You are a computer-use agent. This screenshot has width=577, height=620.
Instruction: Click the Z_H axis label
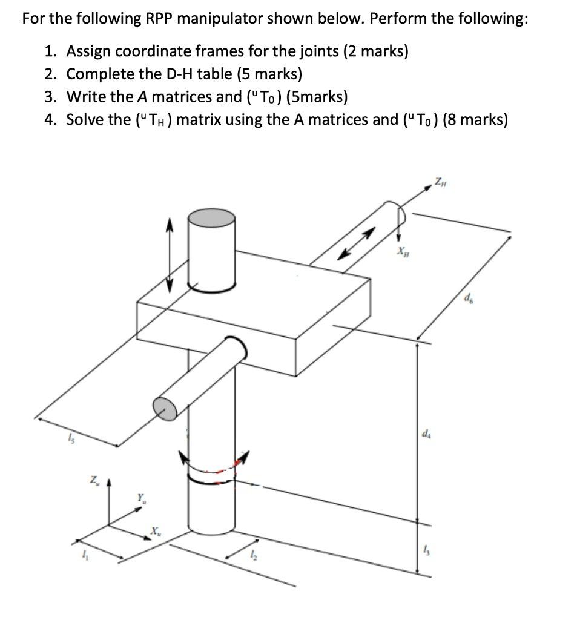pyautogui.click(x=440, y=180)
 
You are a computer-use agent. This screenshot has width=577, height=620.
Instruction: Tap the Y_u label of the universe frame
pyautogui.click(x=140, y=500)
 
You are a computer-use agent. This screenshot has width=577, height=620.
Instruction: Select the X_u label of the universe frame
pyautogui.click(x=157, y=531)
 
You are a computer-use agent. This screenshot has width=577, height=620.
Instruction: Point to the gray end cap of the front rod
pyautogui.click(x=166, y=408)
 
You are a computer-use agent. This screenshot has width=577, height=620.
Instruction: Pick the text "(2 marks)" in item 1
pyautogui.click(x=375, y=51)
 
